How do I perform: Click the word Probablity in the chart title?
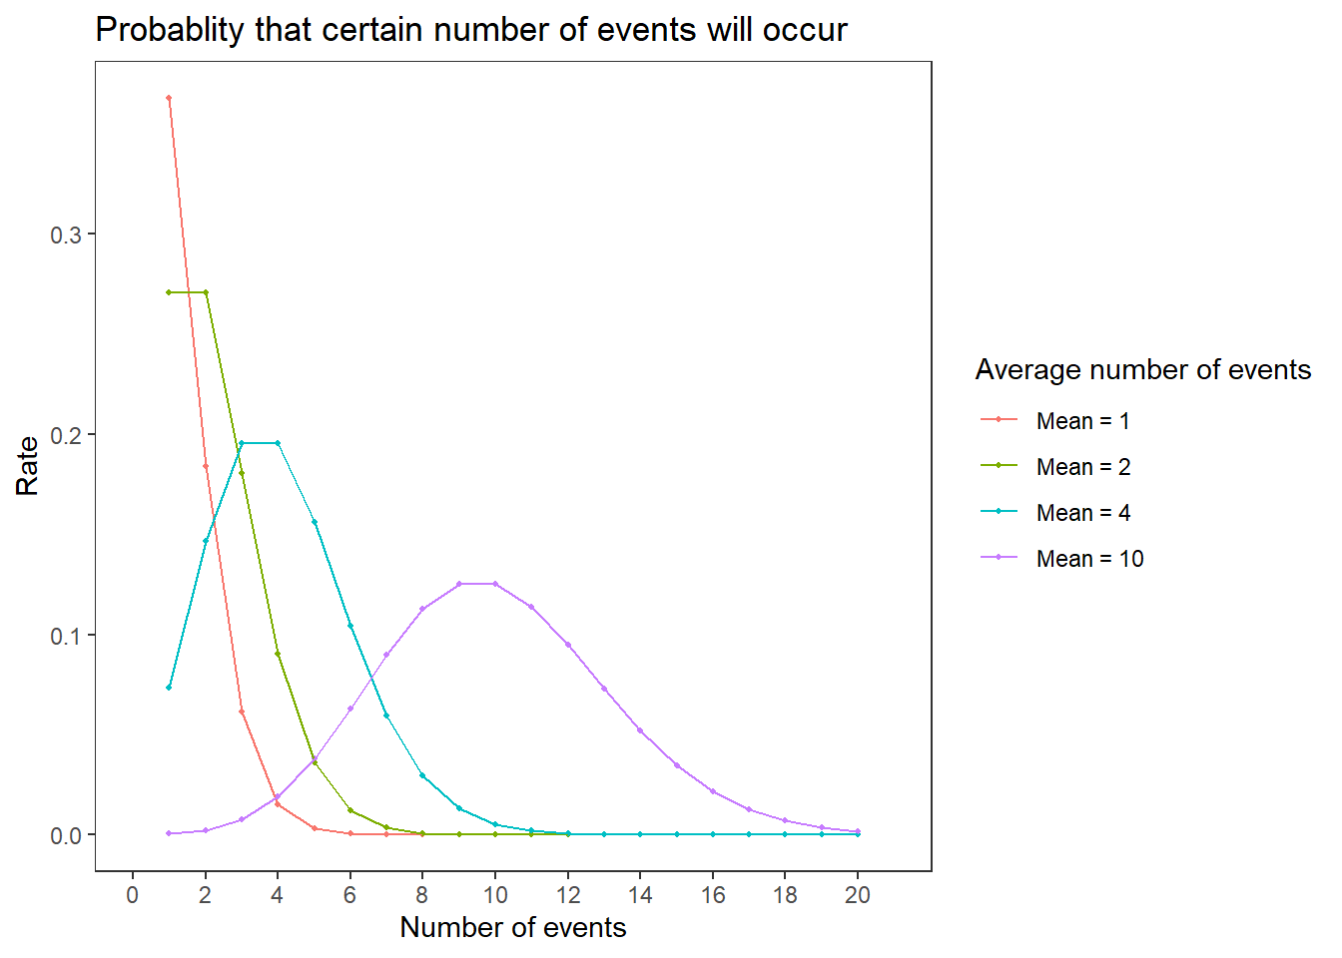pos(170,30)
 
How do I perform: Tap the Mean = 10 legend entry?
pos(1062,559)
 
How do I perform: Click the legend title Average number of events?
pos(1143,370)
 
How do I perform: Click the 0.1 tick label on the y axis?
pos(66,636)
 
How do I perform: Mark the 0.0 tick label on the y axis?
pos(66,836)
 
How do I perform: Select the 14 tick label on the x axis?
pos(640,895)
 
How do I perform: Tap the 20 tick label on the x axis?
pos(858,895)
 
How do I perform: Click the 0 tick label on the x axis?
pos(133,895)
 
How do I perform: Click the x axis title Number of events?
pos(513,927)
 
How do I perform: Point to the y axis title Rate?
pos(27,466)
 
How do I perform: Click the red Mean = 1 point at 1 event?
pos(169,98)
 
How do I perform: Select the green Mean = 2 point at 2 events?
pos(206,292)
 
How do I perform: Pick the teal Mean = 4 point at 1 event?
pos(169,688)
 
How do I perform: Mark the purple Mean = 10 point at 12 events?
pos(568,645)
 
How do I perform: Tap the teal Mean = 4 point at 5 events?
pos(315,522)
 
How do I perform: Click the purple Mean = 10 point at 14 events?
pos(640,730)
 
